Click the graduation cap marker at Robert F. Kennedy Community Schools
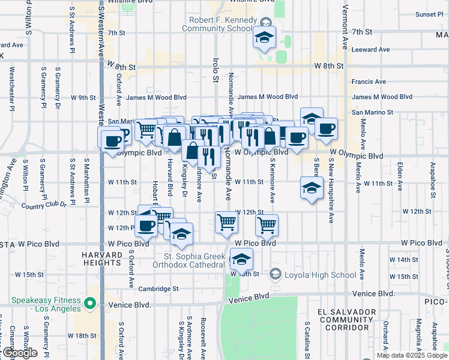click(264, 38)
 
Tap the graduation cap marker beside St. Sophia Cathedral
click(241, 260)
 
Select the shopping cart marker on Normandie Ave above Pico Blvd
click(227, 223)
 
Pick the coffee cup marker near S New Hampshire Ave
click(327, 129)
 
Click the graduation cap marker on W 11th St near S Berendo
click(312, 188)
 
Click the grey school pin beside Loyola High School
click(275, 275)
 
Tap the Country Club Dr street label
click(44, 205)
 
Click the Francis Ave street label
click(369, 82)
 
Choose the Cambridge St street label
click(159, 289)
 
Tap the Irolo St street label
click(215, 70)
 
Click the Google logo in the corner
click(20, 353)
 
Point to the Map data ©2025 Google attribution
click(411, 355)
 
